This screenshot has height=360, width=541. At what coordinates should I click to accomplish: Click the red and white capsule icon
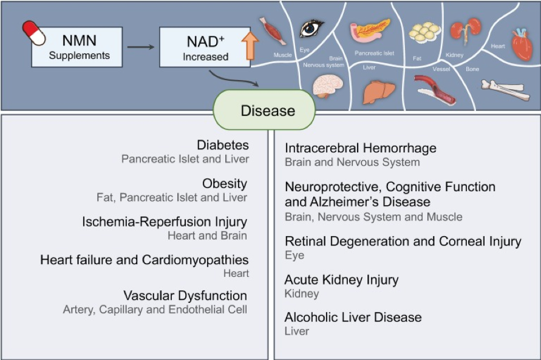pos(34,33)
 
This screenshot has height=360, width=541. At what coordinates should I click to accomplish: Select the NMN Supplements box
pos(79,47)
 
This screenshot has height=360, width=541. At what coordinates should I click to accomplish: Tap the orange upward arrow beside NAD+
pos(252,46)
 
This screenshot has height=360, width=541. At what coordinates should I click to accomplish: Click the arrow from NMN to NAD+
pos(140,46)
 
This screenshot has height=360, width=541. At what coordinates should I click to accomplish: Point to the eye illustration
pos(311,27)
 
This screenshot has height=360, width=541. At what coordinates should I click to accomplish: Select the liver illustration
pos(378,90)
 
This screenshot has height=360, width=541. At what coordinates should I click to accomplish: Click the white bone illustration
pos(502,90)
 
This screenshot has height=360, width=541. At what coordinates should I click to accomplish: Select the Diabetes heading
pos(223,145)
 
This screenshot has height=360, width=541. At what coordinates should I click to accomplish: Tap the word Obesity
pos(225,183)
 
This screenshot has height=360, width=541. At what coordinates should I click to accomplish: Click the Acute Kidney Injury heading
pos(341,280)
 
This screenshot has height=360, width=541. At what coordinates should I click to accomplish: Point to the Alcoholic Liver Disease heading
pos(353,318)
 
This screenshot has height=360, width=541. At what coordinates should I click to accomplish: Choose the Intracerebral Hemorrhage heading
pos(360,148)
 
